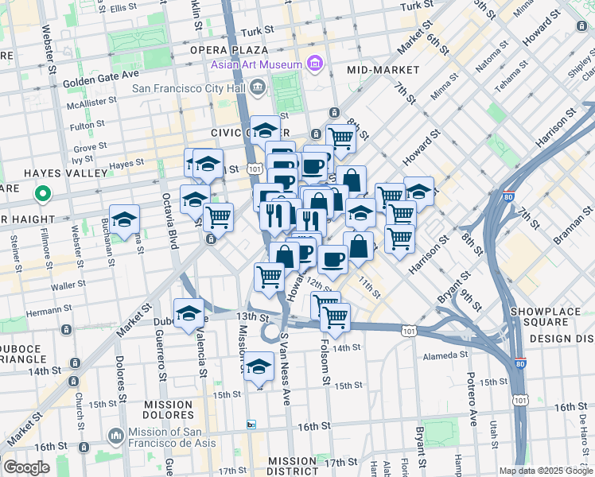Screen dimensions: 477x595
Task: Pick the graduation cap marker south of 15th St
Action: [258, 368]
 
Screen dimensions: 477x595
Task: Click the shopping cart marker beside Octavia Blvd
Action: [218, 216]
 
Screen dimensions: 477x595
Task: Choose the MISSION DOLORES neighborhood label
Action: [167, 409]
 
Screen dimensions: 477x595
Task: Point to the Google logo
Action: [26, 467]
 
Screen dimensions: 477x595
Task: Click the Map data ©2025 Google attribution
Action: [546, 471]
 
